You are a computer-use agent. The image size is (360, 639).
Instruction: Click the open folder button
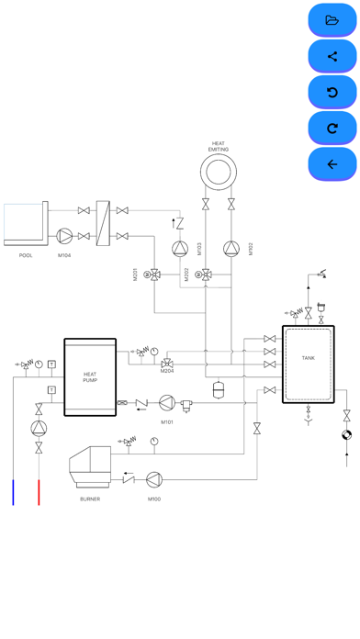(x=332, y=20)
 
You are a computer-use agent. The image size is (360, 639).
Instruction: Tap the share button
(x=332, y=56)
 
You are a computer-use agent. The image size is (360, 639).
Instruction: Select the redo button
(x=332, y=129)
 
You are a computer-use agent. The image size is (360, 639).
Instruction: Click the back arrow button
(x=332, y=164)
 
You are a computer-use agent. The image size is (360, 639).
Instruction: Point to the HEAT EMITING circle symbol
(x=219, y=155)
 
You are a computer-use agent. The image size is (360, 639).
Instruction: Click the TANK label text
(x=309, y=358)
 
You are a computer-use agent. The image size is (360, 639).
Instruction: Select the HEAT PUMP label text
(x=90, y=377)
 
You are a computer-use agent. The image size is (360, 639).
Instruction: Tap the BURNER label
(x=90, y=499)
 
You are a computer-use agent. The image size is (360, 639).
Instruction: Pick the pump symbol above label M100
(x=154, y=479)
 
